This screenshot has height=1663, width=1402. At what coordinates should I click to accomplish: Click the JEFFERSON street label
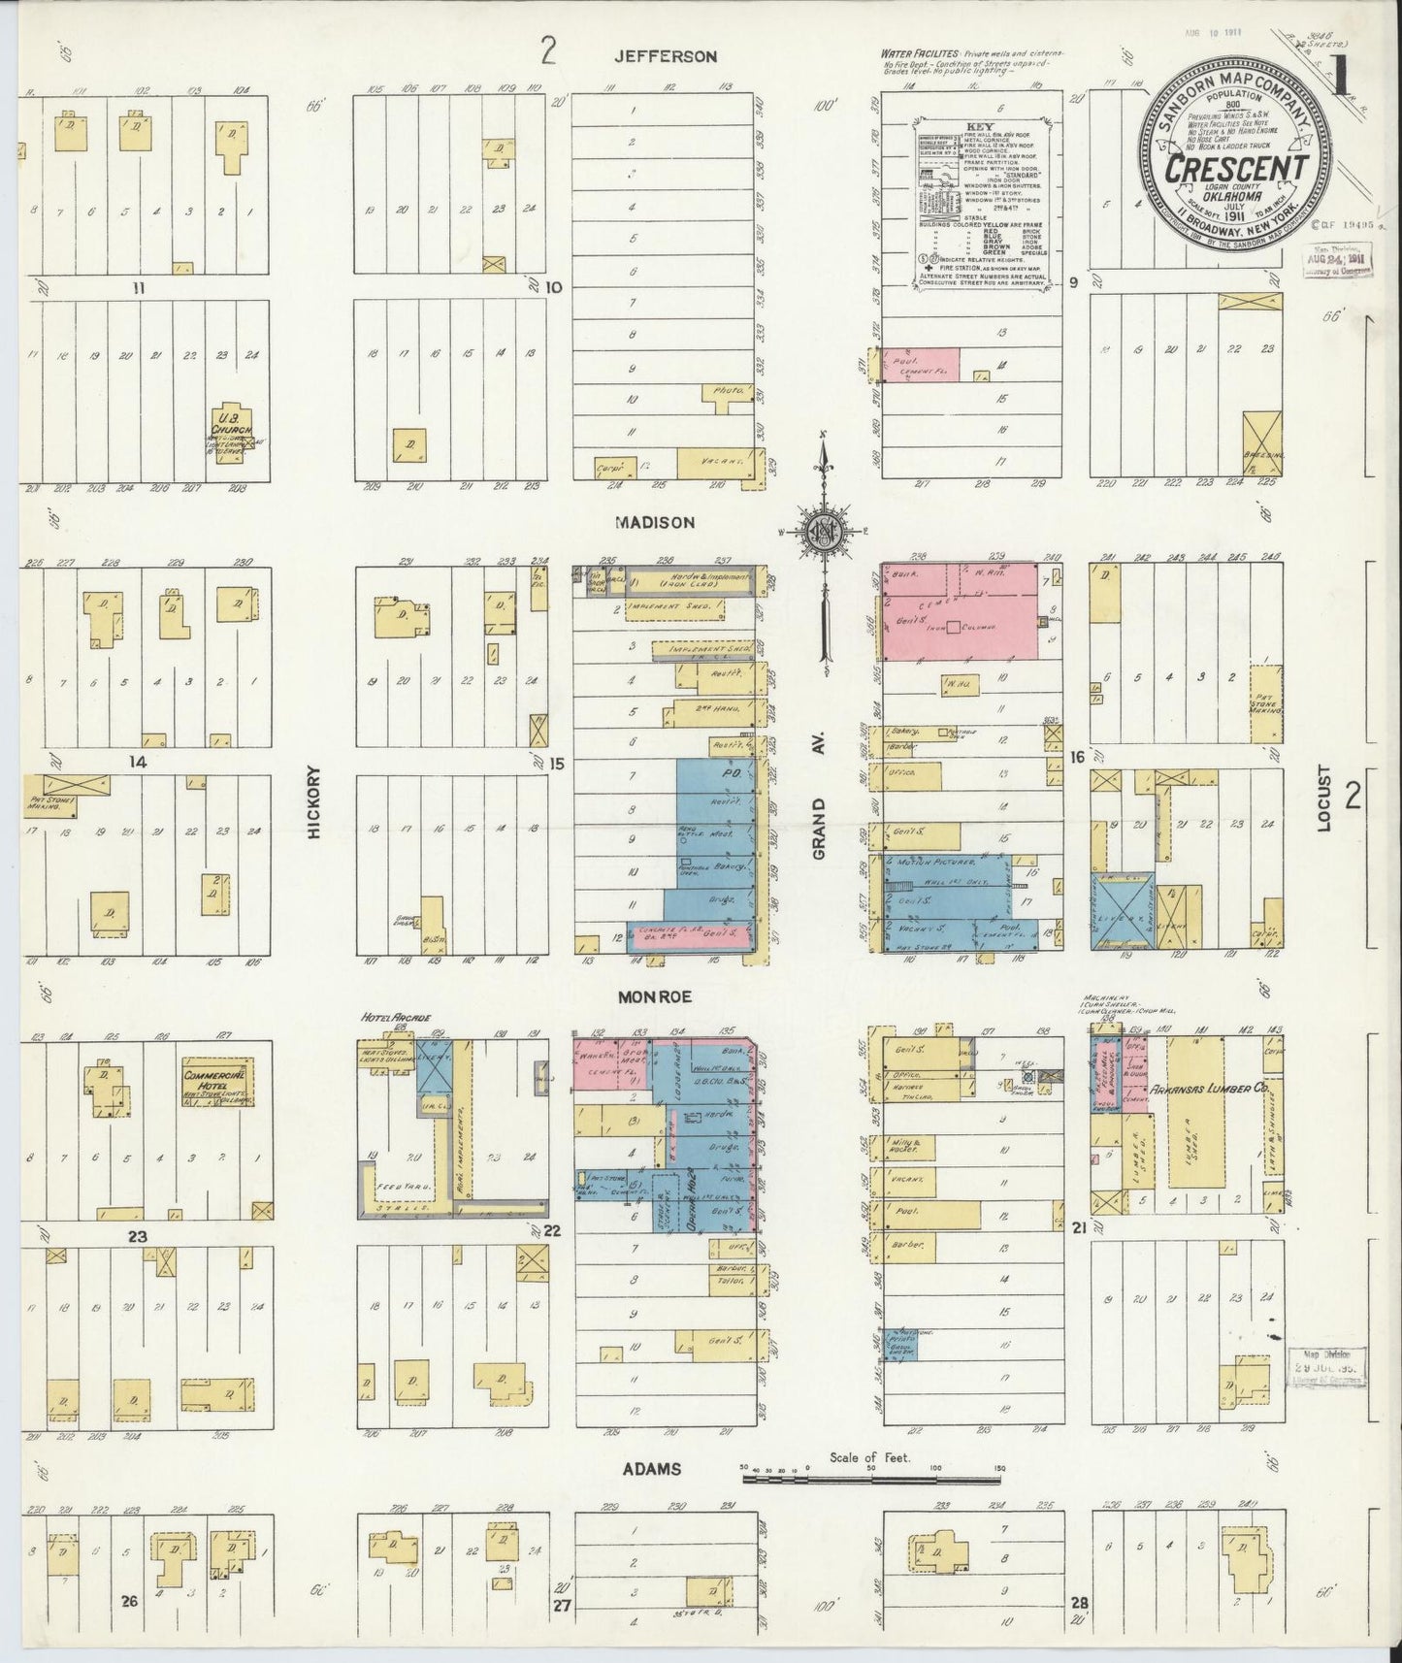click(x=666, y=56)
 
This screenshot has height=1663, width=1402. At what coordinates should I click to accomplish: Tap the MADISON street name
click(x=655, y=522)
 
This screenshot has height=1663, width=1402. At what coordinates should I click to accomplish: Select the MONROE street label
click(x=653, y=995)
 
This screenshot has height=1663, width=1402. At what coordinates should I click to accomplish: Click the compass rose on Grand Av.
click(x=822, y=531)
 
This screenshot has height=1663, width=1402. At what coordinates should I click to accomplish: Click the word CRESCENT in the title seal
click(x=1235, y=168)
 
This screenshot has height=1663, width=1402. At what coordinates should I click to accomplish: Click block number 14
click(x=138, y=763)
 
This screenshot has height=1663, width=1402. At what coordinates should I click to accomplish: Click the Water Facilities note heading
click(x=919, y=52)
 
